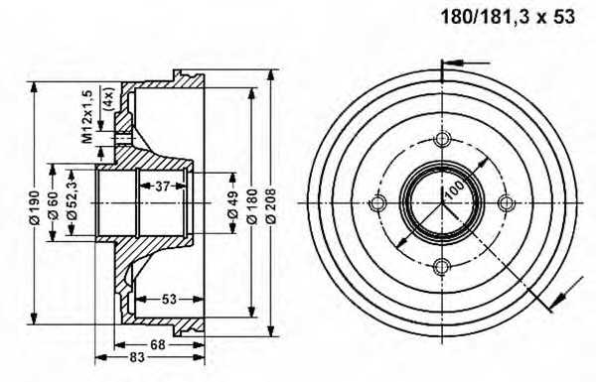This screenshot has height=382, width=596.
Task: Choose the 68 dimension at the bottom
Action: pyautogui.click(x=157, y=344)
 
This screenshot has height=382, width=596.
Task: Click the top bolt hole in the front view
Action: pyautogui.click(x=442, y=139)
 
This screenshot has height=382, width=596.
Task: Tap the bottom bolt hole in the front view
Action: pyautogui.click(x=442, y=266)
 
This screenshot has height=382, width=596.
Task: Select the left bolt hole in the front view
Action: pyautogui.click(x=377, y=203)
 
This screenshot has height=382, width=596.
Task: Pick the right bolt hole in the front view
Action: pyautogui.click(x=507, y=203)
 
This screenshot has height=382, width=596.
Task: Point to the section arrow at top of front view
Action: pyautogui.click(x=452, y=67)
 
